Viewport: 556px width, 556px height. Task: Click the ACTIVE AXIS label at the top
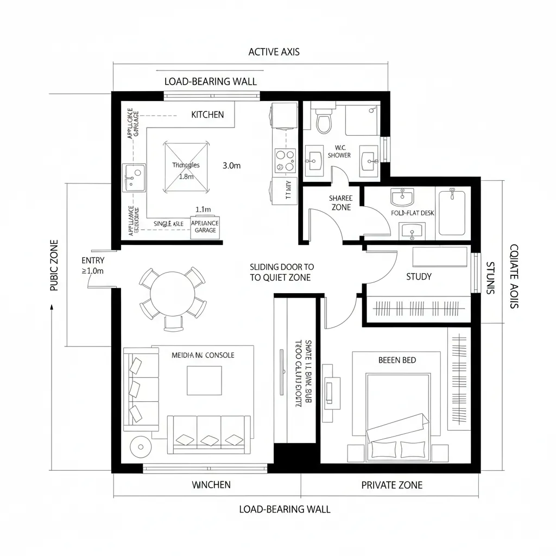tap(274, 52)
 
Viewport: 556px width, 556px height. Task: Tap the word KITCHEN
tap(207, 115)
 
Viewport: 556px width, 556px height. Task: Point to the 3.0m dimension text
tap(231, 166)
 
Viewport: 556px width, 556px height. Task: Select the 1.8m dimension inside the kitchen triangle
tap(186, 176)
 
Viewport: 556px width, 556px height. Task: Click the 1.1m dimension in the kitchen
tap(203, 209)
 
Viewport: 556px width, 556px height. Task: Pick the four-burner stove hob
tap(285, 161)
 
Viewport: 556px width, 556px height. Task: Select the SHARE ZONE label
tap(340, 203)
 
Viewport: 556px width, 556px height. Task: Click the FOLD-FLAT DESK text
tap(413, 213)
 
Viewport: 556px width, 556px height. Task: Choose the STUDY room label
tap(419, 277)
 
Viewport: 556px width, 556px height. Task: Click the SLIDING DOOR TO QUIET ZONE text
tap(281, 272)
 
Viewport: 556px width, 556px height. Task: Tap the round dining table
tap(173, 297)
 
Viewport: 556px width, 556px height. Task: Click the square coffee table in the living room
tap(204, 381)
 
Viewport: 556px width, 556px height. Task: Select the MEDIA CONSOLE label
tap(203, 355)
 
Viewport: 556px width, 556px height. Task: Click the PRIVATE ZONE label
tap(391, 485)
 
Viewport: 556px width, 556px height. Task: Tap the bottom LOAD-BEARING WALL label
tap(285, 509)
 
